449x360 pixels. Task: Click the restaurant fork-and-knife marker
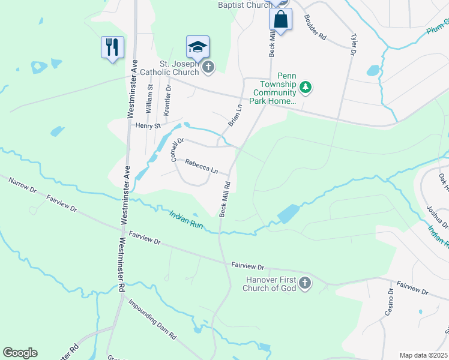[112, 47]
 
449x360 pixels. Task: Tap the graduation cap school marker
[197, 46]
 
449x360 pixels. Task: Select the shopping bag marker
[280, 19]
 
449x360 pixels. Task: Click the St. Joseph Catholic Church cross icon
[208, 67]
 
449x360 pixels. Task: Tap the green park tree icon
[306, 88]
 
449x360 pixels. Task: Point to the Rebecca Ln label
[201, 166]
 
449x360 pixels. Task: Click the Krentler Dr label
[167, 100]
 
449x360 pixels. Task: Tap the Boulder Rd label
[315, 27]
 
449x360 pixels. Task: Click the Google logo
[20, 353]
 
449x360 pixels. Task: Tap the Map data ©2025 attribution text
[423, 355]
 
